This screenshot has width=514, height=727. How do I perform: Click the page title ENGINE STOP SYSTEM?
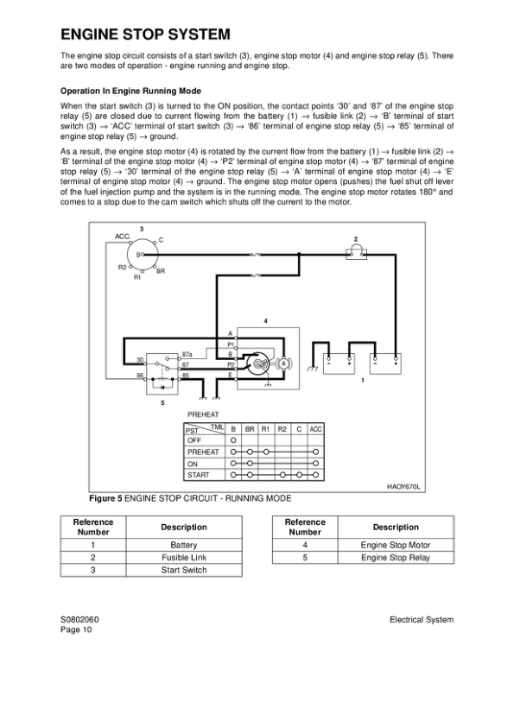(x=145, y=35)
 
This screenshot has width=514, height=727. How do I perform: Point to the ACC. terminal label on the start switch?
(x=123, y=236)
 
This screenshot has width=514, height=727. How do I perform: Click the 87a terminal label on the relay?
(x=187, y=354)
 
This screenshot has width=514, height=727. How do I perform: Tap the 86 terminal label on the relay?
(x=140, y=376)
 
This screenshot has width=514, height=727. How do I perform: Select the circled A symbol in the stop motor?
(x=283, y=363)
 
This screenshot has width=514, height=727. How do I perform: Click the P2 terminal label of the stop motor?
(x=231, y=365)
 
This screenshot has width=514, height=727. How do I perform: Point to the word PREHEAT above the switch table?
(x=203, y=415)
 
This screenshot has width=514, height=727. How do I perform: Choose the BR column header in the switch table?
(x=250, y=429)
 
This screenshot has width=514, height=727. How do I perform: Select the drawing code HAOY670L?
(x=403, y=487)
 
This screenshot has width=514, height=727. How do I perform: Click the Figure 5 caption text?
(x=190, y=498)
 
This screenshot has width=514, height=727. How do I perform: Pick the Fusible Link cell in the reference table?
(x=184, y=558)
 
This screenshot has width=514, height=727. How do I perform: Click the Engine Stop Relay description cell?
(x=395, y=558)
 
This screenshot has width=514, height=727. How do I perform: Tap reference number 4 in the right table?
(x=305, y=546)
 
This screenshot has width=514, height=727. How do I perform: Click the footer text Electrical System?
(x=421, y=620)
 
